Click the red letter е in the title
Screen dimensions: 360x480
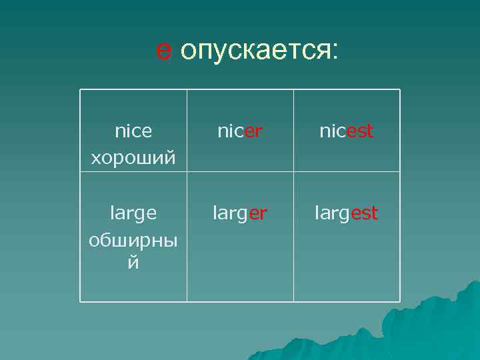point(164,50)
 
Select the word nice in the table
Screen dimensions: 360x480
point(133,131)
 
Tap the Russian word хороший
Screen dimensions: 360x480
point(133,158)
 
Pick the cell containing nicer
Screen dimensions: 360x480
point(240,131)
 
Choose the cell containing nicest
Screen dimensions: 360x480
point(347,131)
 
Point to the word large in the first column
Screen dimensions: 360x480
point(133,213)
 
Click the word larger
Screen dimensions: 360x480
point(240,213)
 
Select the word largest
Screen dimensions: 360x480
point(347,213)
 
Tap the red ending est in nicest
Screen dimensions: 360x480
point(361,131)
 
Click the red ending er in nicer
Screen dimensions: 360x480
point(253,131)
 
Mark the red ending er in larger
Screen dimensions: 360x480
point(259,213)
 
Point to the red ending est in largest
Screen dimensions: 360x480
point(365,213)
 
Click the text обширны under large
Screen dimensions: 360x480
point(133,240)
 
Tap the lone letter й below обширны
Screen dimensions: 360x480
point(133,263)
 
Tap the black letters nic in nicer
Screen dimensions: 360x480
point(231,131)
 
